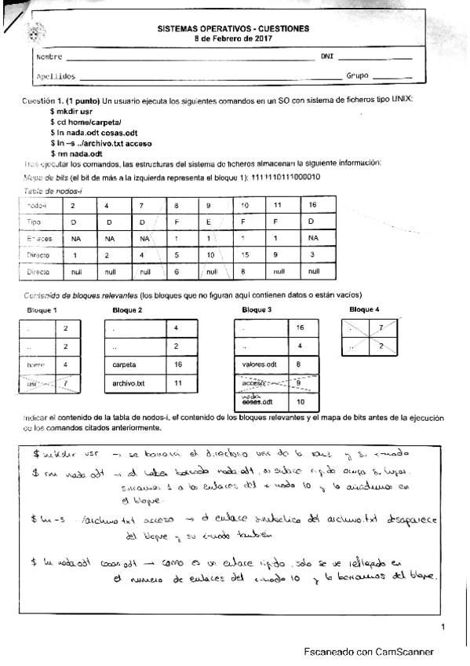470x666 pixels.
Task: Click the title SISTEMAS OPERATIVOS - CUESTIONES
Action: pos(233,28)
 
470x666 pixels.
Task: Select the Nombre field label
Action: pos(49,57)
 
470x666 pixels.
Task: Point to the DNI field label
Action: pos(327,57)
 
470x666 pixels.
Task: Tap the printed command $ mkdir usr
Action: pos(71,114)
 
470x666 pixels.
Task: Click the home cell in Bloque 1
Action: pos(35,364)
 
